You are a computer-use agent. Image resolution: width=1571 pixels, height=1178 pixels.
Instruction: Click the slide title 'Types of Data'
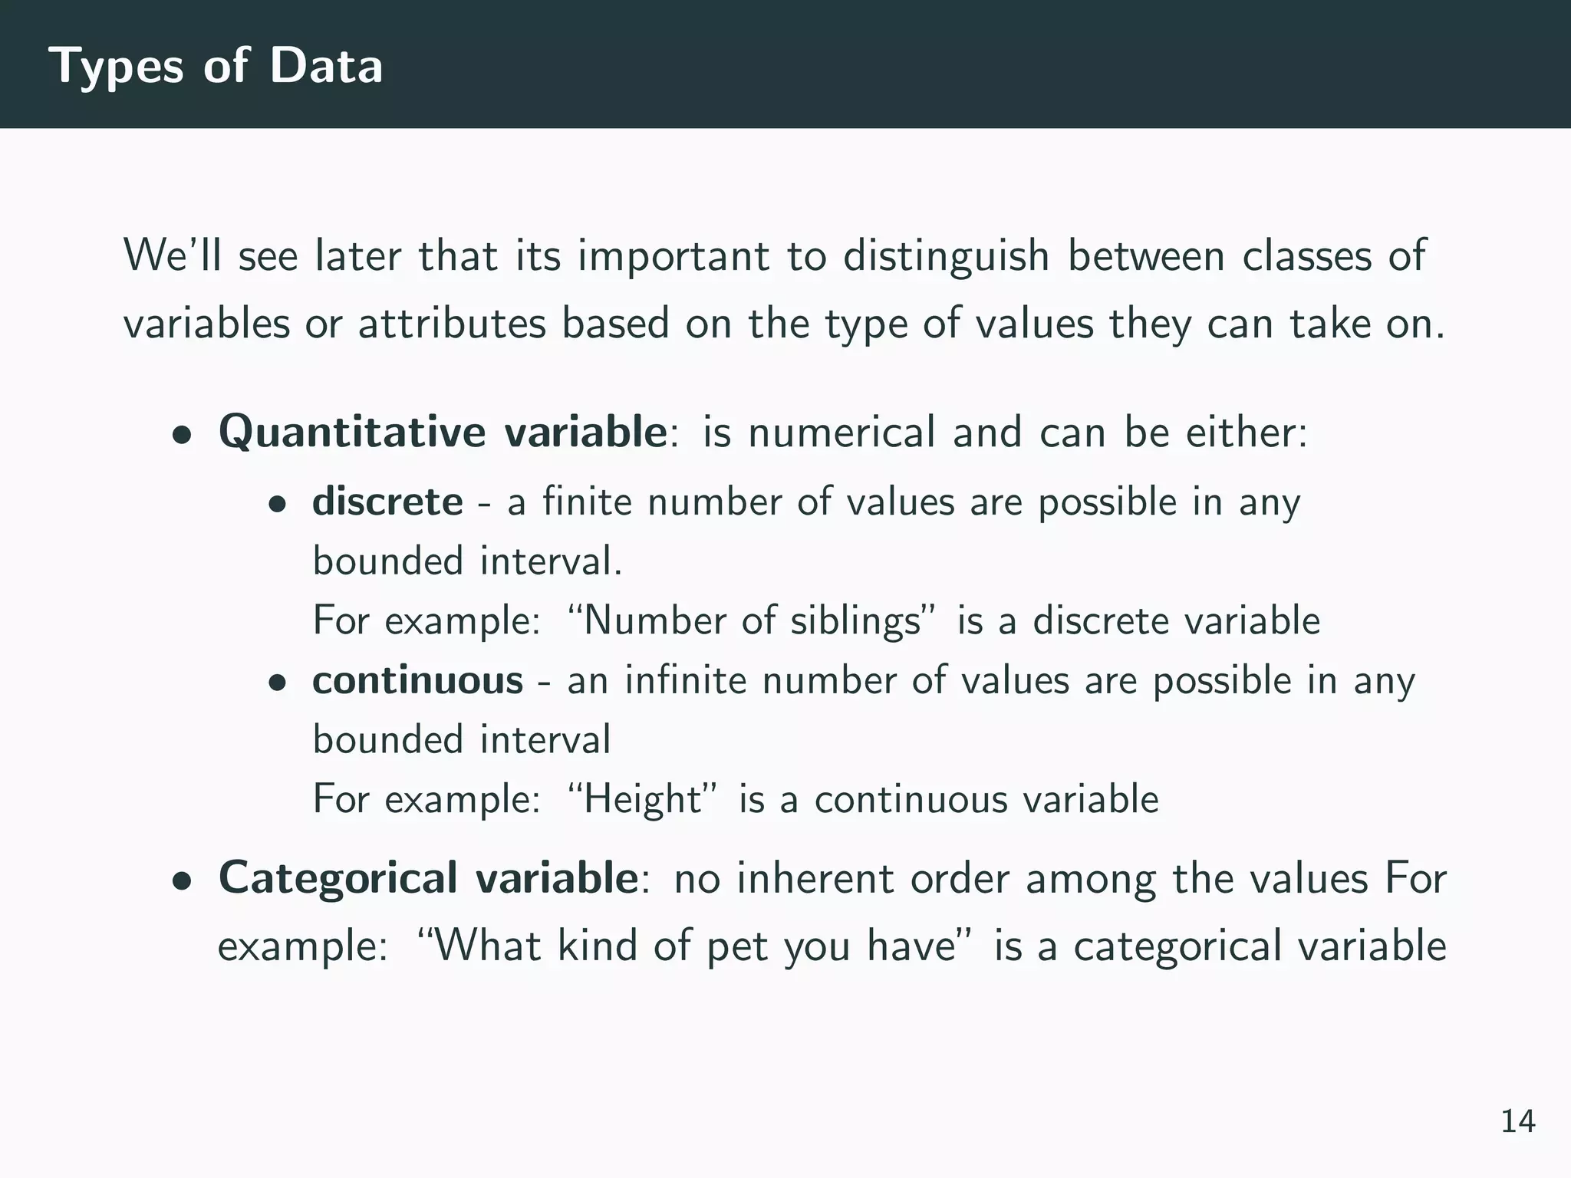tap(216, 66)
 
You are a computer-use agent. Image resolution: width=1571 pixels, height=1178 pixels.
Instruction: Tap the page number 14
tap(1517, 1121)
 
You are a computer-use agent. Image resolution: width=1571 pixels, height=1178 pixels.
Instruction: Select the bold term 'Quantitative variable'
tap(443, 432)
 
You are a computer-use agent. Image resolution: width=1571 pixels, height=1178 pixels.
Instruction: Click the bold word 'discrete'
tap(387, 502)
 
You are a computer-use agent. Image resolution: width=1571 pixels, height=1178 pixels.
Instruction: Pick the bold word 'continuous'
tap(417, 681)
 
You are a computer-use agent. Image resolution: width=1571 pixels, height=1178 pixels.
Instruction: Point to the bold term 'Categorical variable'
tap(428, 878)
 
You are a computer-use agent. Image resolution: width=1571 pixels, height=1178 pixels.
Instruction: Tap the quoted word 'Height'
tap(643, 799)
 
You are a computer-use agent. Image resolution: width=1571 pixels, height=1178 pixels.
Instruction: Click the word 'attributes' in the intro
tap(452, 323)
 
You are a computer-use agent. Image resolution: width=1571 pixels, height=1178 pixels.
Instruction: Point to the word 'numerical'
tap(841, 432)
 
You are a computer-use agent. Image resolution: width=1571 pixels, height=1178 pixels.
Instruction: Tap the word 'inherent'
tap(815, 878)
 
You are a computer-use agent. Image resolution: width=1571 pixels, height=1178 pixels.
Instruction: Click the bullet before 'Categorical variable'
tap(182, 881)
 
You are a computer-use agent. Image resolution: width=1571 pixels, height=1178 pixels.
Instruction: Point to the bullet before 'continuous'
tap(277, 683)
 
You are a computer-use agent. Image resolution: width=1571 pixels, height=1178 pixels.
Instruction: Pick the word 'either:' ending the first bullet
tap(1247, 432)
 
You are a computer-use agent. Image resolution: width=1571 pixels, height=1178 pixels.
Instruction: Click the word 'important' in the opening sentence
tap(674, 257)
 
